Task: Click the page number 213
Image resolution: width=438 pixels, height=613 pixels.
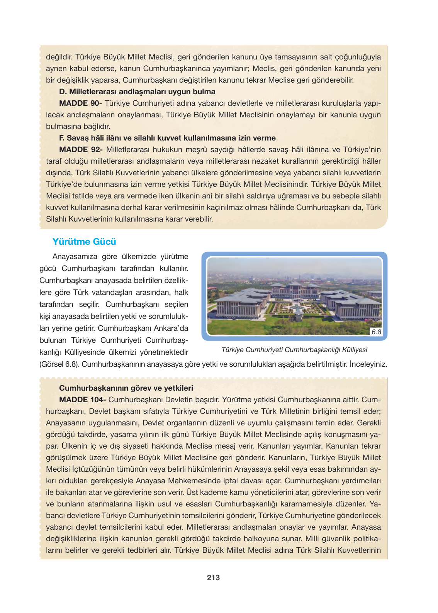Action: [x=213, y=577]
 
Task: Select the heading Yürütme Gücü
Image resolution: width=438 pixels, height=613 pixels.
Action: [x=84, y=242]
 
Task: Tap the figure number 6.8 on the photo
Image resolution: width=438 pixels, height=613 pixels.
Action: [x=376, y=332]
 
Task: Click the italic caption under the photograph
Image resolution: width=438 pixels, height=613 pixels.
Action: [x=294, y=350]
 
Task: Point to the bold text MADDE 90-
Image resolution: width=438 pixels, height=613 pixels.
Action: [x=80, y=103]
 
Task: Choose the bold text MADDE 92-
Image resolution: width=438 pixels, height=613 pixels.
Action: [x=81, y=150]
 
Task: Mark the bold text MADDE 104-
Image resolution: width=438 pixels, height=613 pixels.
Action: [x=82, y=400]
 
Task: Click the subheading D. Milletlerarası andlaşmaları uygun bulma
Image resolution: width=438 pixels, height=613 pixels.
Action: [x=137, y=92]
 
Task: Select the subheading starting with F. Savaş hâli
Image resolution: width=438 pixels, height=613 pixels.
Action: [x=167, y=138]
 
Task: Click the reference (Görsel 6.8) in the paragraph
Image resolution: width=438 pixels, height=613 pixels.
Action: [x=59, y=364]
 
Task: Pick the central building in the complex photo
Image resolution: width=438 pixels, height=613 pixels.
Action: [x=294, y=289]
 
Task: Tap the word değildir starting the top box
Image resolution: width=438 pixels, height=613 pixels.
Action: [x=59, y=57]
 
